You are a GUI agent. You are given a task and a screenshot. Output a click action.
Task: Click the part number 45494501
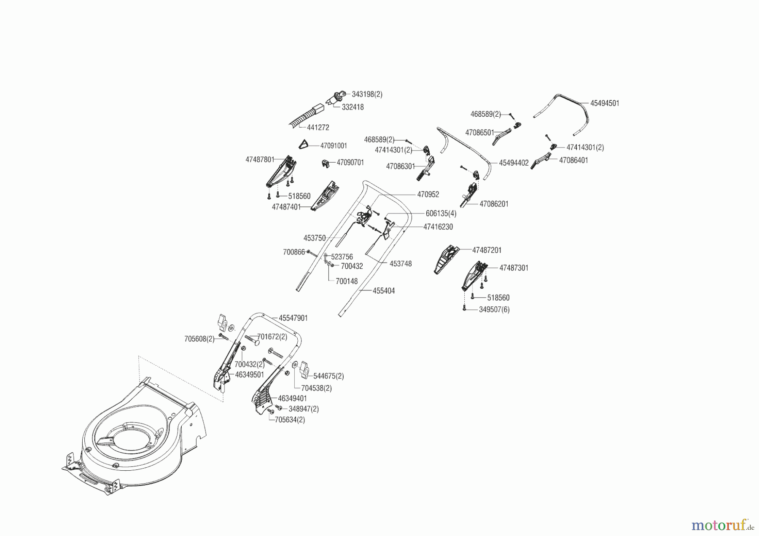(x=604, y=103)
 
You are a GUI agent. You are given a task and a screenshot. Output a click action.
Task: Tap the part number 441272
(x=318, y=127)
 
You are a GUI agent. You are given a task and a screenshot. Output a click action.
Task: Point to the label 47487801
(x=260, y=160)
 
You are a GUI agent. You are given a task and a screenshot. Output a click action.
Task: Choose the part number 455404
(x=384, y=291)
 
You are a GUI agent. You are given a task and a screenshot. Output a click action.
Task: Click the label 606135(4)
(x=441, y=214)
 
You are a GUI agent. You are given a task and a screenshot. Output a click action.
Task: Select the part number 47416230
(x=438, y=227)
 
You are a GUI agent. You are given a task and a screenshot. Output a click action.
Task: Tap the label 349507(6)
(x=494, y=309)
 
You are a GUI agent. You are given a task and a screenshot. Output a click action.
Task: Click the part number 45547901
(x=293, y=318)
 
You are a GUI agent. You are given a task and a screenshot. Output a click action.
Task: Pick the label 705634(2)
(x=290, y=420)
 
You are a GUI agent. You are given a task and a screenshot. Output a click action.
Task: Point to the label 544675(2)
(x=328, y=376)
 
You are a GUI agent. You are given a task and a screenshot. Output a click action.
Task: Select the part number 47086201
(x=494, y=204)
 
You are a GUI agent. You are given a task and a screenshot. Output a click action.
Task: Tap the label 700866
(x=293, y=252)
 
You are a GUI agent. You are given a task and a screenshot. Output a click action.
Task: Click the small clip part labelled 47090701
(x=326, y=163)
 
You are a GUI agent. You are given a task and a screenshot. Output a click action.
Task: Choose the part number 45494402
(x=514, y=163)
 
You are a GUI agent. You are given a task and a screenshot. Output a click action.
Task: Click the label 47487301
(x=514, y=268)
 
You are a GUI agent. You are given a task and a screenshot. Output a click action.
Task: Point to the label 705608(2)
(x=199, y=339)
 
